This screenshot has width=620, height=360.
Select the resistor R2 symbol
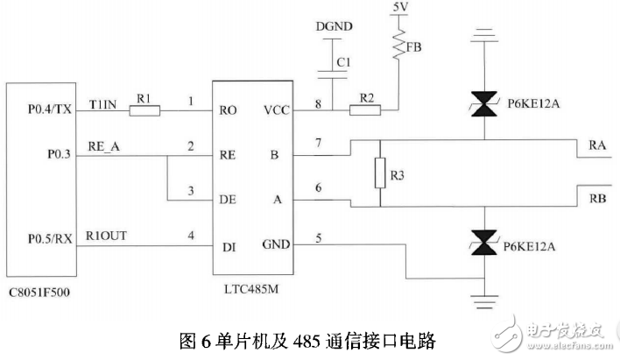coord(363,111)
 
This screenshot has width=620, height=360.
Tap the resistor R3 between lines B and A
coord(381,173)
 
